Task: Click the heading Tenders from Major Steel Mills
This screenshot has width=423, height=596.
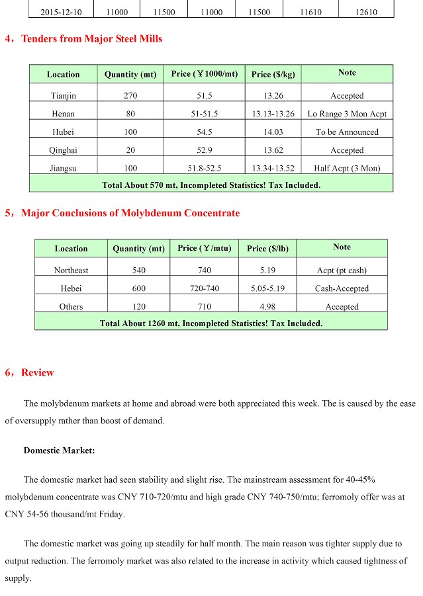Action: coord(91,38)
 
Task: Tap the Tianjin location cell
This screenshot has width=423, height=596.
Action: coord(63,96)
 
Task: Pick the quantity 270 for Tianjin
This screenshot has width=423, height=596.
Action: coord(130,96)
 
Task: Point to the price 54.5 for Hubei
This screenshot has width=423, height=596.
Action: coord(204,132)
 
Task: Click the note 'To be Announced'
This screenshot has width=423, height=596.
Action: coord(347,132)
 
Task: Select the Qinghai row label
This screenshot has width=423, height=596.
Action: coord(63,150)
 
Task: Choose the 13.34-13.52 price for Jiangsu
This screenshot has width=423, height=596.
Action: coord(273,168)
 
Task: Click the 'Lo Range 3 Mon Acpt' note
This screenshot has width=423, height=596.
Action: coord(347,114)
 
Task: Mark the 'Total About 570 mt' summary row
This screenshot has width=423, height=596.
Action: coord(211,185)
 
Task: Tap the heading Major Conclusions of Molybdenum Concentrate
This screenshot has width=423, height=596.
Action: coord(130,213)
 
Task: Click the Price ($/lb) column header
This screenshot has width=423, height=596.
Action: coord(267,249)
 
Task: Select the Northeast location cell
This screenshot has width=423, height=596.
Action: coord(71,270)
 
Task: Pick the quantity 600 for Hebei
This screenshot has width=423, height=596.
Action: coord(138,288)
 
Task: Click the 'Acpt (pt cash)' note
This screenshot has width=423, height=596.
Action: coord(342,270)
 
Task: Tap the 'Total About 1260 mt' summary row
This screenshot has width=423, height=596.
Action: coord(211,323)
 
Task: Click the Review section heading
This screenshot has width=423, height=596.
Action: coord(37,372)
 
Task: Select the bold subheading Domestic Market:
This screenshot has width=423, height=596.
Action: coord(59,450)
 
